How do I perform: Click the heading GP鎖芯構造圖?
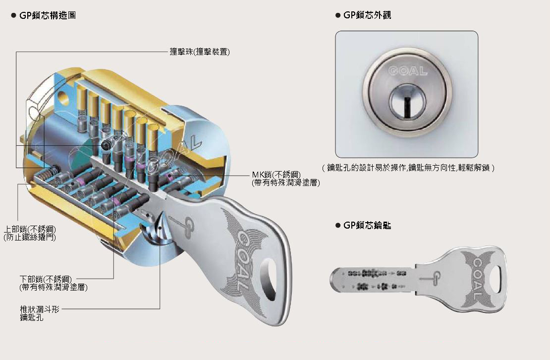(48, 15)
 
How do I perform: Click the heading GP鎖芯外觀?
(367, 15)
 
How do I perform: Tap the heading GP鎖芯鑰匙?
(367, 226)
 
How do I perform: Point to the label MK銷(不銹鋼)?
(276, 175)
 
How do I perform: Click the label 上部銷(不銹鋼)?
(29, 230)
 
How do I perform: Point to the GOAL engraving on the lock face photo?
(408, 71)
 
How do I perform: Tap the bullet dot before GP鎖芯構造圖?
(13, 15)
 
